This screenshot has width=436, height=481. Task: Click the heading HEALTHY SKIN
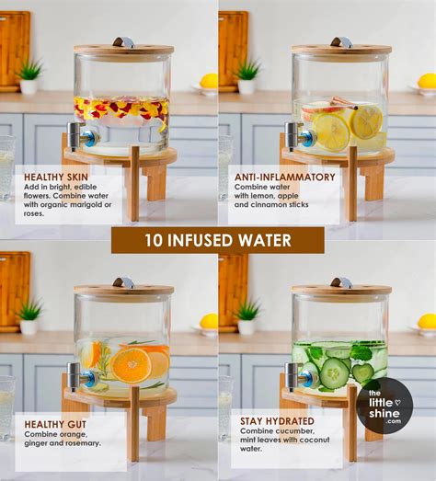point(57,177)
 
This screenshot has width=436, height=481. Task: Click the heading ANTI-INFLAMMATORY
point(284,177)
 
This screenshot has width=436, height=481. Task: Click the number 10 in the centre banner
point(154,241)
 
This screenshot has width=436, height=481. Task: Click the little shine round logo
point(384,406)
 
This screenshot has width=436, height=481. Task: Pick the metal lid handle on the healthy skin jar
point(123,41)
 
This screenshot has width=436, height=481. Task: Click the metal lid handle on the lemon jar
point(341,41)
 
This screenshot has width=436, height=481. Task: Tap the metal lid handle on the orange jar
point(123,281)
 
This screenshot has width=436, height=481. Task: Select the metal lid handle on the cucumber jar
point(341,281)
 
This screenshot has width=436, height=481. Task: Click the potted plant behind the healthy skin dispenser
point(29,75)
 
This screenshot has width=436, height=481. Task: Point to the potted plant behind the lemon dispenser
point(247,75)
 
